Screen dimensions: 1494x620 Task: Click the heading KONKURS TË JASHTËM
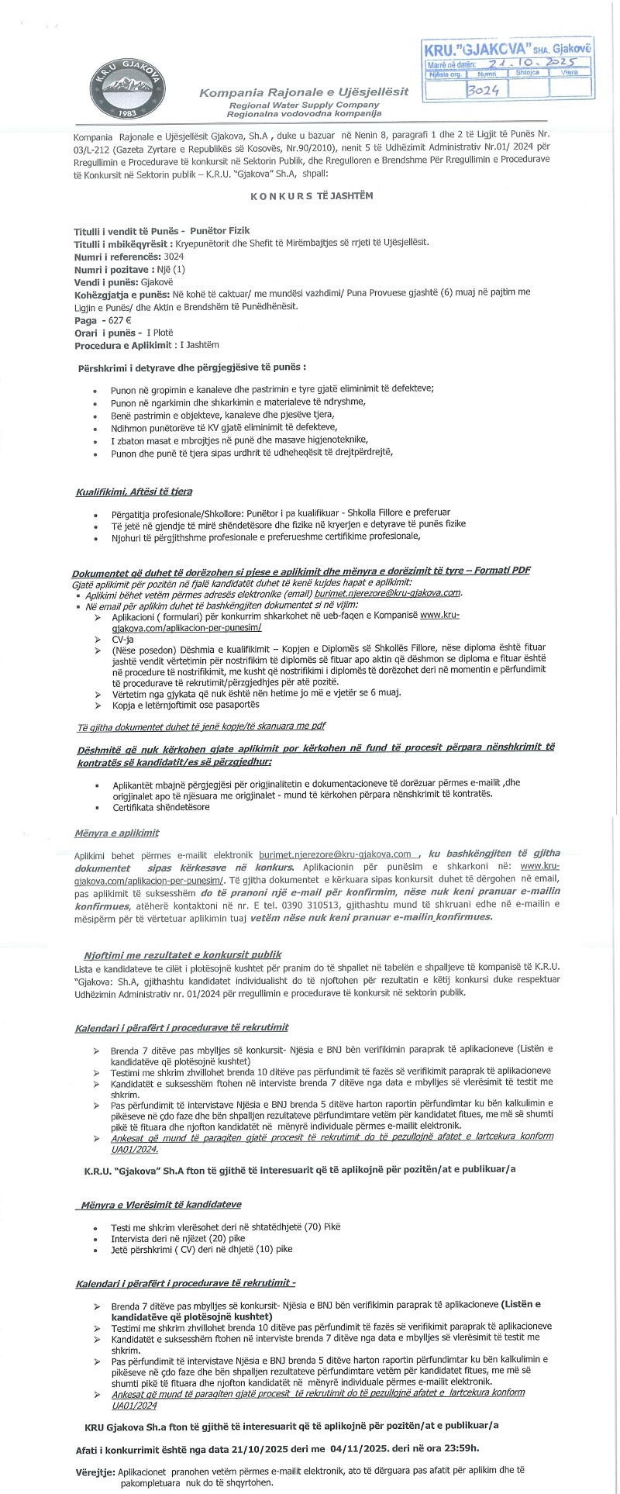tap(312, 195)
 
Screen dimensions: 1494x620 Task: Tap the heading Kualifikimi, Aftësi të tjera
tap(134, 492)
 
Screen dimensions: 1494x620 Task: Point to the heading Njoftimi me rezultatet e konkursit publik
tap(182, 954)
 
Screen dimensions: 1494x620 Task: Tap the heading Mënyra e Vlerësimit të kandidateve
tap(160, 1204)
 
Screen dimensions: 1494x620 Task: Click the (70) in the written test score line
tap(298, 1227)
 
